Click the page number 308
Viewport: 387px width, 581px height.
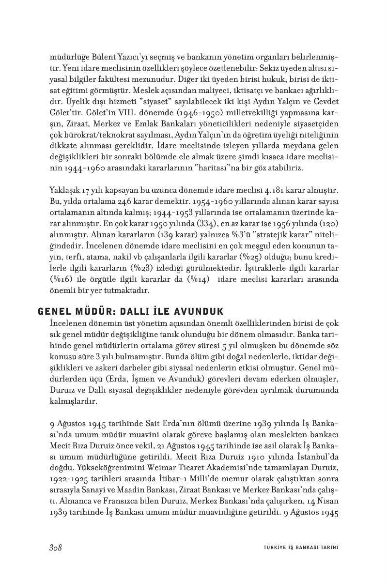[57, 548]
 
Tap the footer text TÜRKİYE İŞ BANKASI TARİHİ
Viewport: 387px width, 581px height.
[297, 548]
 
